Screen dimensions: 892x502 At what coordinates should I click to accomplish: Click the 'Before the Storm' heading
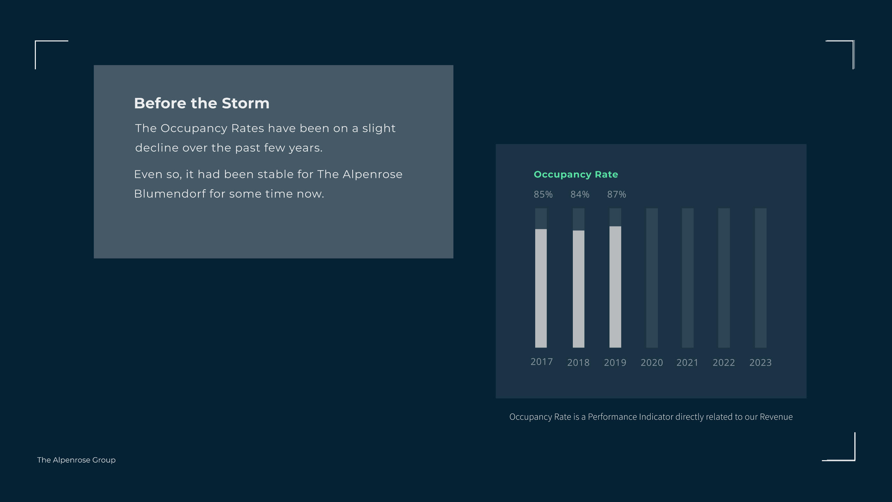tap(202, 103)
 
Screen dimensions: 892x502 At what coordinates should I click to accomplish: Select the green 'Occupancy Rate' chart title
tap(576, 174)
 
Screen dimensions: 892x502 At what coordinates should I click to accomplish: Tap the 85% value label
tap(543, 194)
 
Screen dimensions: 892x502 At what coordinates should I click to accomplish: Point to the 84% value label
tap(580, 194)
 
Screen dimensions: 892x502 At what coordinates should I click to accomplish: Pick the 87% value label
tap(617, 194)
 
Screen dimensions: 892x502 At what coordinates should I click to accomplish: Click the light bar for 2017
tap(541, 288)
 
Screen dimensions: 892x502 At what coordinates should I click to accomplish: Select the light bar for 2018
tap(578, 289)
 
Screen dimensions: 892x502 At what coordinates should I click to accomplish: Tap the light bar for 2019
tap(615, 287)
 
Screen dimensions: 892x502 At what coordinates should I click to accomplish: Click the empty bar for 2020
tap(652, 278)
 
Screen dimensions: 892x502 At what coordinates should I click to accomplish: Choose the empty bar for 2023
tap(761, 278)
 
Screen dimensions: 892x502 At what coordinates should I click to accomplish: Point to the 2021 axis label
tap(687, 363)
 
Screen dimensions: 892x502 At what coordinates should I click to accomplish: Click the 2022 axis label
tap(724, 363)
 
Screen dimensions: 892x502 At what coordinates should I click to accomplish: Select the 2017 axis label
tap(541, 362)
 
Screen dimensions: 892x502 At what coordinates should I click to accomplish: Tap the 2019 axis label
tap(615, 363)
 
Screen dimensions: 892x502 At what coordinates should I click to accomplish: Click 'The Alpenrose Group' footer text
tap(76, 460)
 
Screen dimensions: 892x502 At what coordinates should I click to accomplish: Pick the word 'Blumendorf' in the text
tap(170, 193)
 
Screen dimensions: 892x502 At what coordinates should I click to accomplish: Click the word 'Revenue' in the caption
tap(776, 417)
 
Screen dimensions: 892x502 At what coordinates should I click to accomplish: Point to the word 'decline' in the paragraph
tap(157, 147)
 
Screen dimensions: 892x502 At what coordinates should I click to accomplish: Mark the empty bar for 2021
tap(687, 278)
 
